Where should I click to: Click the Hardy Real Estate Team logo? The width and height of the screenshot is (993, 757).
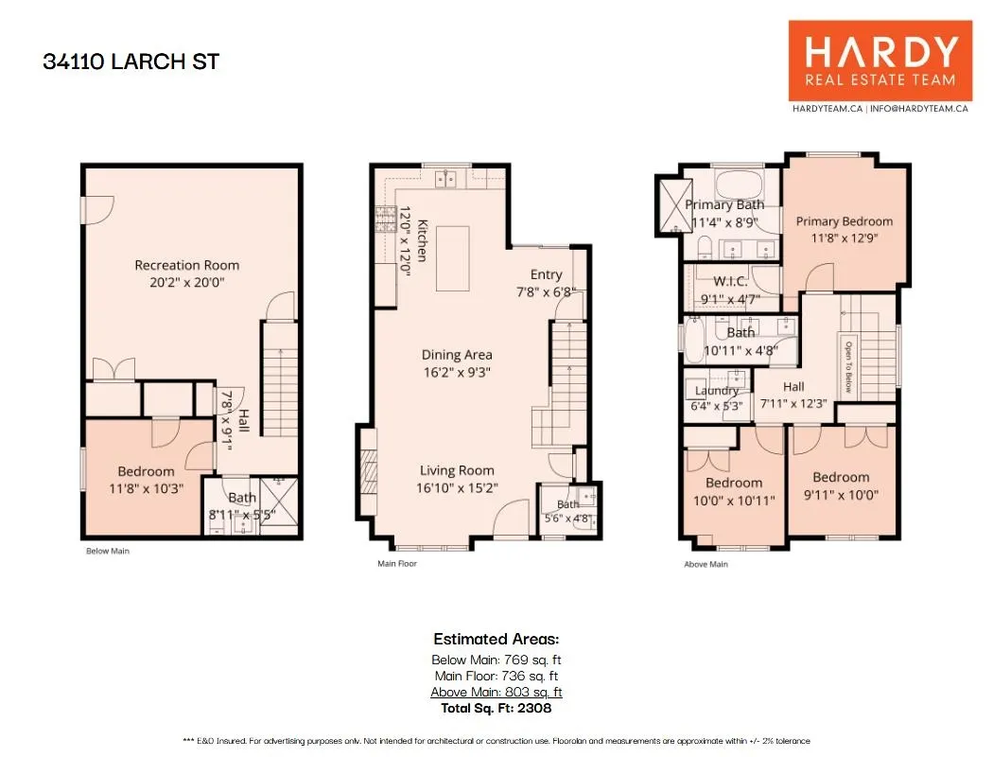point(880,61)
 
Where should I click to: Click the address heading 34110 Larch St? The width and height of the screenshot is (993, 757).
point(131,62)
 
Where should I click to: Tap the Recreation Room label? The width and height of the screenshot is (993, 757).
point(187,265)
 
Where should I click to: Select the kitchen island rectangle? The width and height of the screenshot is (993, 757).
point(452,258)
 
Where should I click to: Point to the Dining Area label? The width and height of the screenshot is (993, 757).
point(457,355)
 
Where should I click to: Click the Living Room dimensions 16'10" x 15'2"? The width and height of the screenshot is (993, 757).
point(457,487)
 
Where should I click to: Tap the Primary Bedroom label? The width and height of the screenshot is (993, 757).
point(845,221)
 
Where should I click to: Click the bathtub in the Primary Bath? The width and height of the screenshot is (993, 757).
point(739,184)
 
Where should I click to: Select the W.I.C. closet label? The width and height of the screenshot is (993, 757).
point(730,281)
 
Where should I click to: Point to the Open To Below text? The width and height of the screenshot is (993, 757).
point(848,367)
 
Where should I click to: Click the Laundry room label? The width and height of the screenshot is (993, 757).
point(717,391)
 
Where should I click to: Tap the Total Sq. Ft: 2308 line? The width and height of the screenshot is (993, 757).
point(496,708)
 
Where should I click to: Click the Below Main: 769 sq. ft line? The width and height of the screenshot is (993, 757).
point(496,660)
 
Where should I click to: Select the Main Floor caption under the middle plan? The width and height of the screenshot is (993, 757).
point(397,563)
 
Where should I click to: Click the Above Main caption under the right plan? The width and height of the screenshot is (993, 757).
point(706,564)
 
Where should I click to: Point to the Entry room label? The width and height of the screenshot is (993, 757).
point(546,274)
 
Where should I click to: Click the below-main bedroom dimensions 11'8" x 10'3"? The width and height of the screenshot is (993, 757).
point(147,488)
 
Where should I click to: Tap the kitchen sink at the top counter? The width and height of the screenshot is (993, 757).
point(445,179)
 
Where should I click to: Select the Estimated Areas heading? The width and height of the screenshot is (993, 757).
point(496,639)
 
